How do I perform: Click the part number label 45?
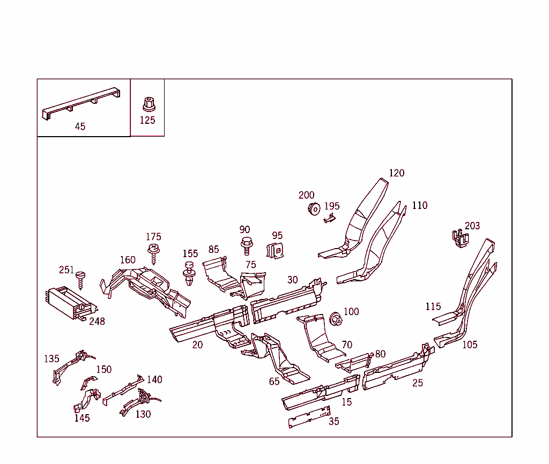tap(80, 126)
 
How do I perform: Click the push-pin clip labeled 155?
tap(190, 273)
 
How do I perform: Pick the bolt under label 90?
tap(247, 246)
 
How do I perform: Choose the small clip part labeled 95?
tap(275, 250)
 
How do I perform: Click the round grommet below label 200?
tap(314, 208)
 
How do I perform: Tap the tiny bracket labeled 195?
tap(329, 217)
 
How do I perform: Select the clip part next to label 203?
tap(458, 238)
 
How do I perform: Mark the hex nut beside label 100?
tap(336, 318)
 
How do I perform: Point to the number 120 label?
tap(396, 173)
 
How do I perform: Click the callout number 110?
tap(420, 206)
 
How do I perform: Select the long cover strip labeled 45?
tap(80, 103)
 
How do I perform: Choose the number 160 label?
tap(128, 260)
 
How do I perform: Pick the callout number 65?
tap(274, 381)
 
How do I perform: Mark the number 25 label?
tap(418, 383)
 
